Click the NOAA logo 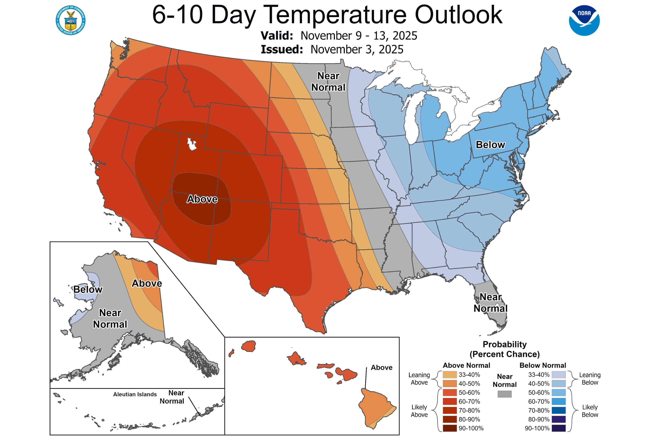pos(584,20)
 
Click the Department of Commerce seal pos(71,20)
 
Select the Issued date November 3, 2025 pos(357,49)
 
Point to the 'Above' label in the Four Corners pos(202,199)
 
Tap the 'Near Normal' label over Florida pos(490,303)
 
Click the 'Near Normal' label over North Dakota pos(328,82)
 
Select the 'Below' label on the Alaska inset pos(88,290)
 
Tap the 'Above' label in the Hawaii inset pos(381,368)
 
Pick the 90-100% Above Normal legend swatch pos(450,428)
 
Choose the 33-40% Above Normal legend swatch pos(450,375)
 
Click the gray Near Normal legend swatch pos(504,394)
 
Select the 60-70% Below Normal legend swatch pos(559,402)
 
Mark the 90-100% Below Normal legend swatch pos(559,428)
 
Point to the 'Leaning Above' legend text pos(419,379)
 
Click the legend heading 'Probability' pos(504,344)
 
